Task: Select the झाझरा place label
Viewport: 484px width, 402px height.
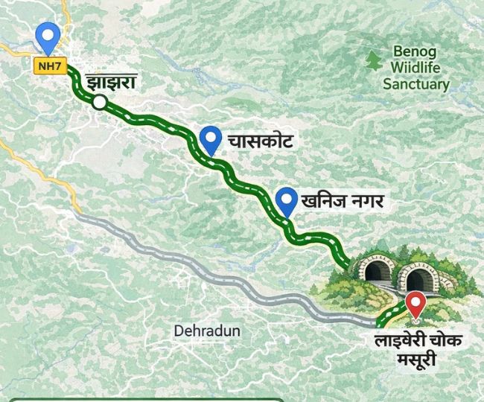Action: tap(110, 82)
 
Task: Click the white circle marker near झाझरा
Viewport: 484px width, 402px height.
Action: tap(100, 103)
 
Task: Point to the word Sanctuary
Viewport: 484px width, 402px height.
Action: tap(416, 83)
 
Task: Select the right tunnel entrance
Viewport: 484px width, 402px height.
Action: tap(419, 278)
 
